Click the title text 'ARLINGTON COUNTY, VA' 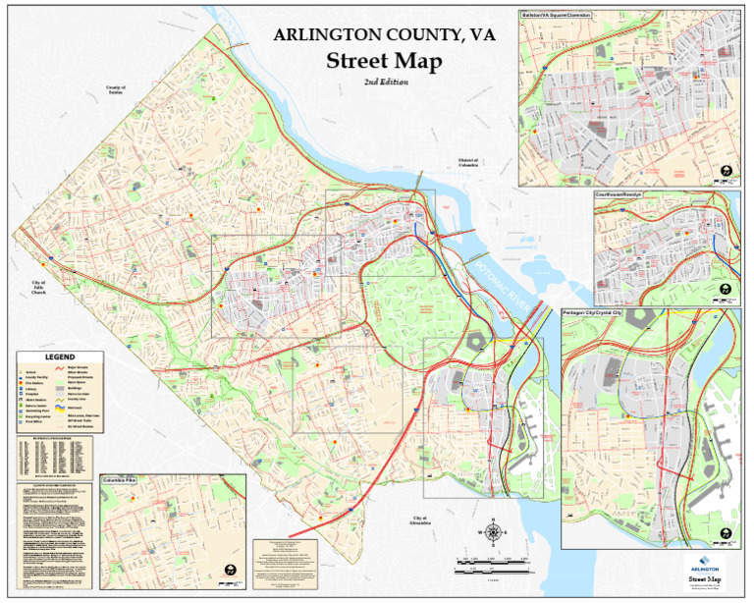pyautogui.click(x=384, y=35)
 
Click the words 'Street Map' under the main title pyautogui.click(x=384, y=60)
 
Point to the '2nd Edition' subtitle pyautogui.click(x=385, y=82)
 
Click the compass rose pyautogui.click(x=494, y=531)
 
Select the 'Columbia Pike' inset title pyautogui.click(x=119, y=481)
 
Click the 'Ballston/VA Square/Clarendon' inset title pyautogui.click(x=557, y=16)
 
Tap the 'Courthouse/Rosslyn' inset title pyautogui.click(x=619, y=195)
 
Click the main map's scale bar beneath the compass pyautogui.click(x=494, y=564)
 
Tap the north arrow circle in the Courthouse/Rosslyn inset pyautogui.click(x=724, y=290)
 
